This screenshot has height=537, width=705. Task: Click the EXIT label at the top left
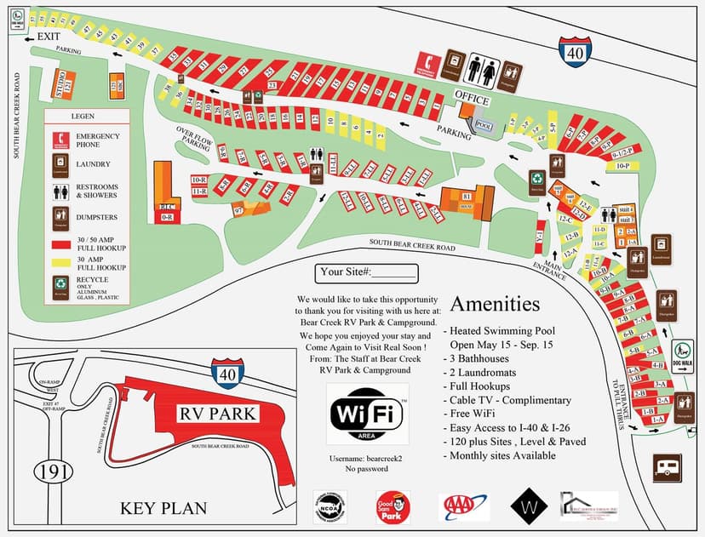[49, 37]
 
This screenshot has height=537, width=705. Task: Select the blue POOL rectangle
[484, 124]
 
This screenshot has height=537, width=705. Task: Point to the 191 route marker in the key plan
[47, 470]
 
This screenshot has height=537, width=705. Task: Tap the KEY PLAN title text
[163, 508]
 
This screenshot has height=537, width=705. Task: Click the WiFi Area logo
[367, 414]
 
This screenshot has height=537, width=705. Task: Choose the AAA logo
[464, 506]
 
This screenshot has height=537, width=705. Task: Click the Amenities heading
[495, 304]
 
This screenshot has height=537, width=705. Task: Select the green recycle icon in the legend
[60, 283]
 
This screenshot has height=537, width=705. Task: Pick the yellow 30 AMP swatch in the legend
[60, 260]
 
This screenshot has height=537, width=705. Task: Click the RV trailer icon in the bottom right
[668, 467]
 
